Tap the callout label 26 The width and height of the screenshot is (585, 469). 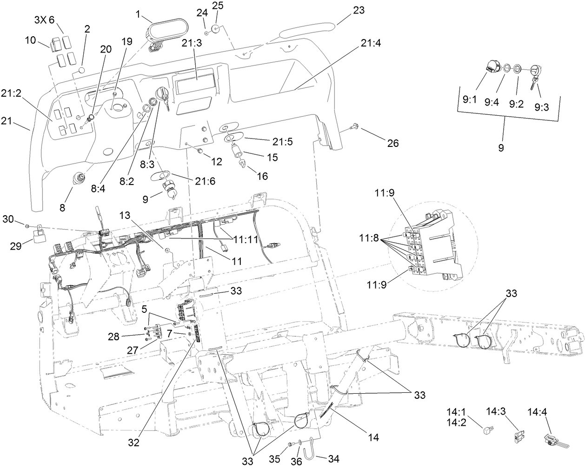coord(393,143)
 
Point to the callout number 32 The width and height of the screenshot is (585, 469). coord(134,443)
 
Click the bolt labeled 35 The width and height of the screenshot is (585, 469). coord(291,445)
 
